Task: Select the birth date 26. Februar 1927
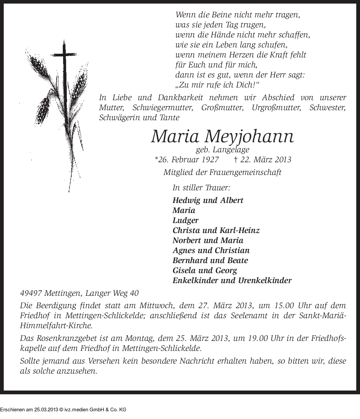point(187,160)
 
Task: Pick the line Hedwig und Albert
point(208,200)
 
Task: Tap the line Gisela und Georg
point(204,270)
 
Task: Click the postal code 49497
point(31,293)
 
